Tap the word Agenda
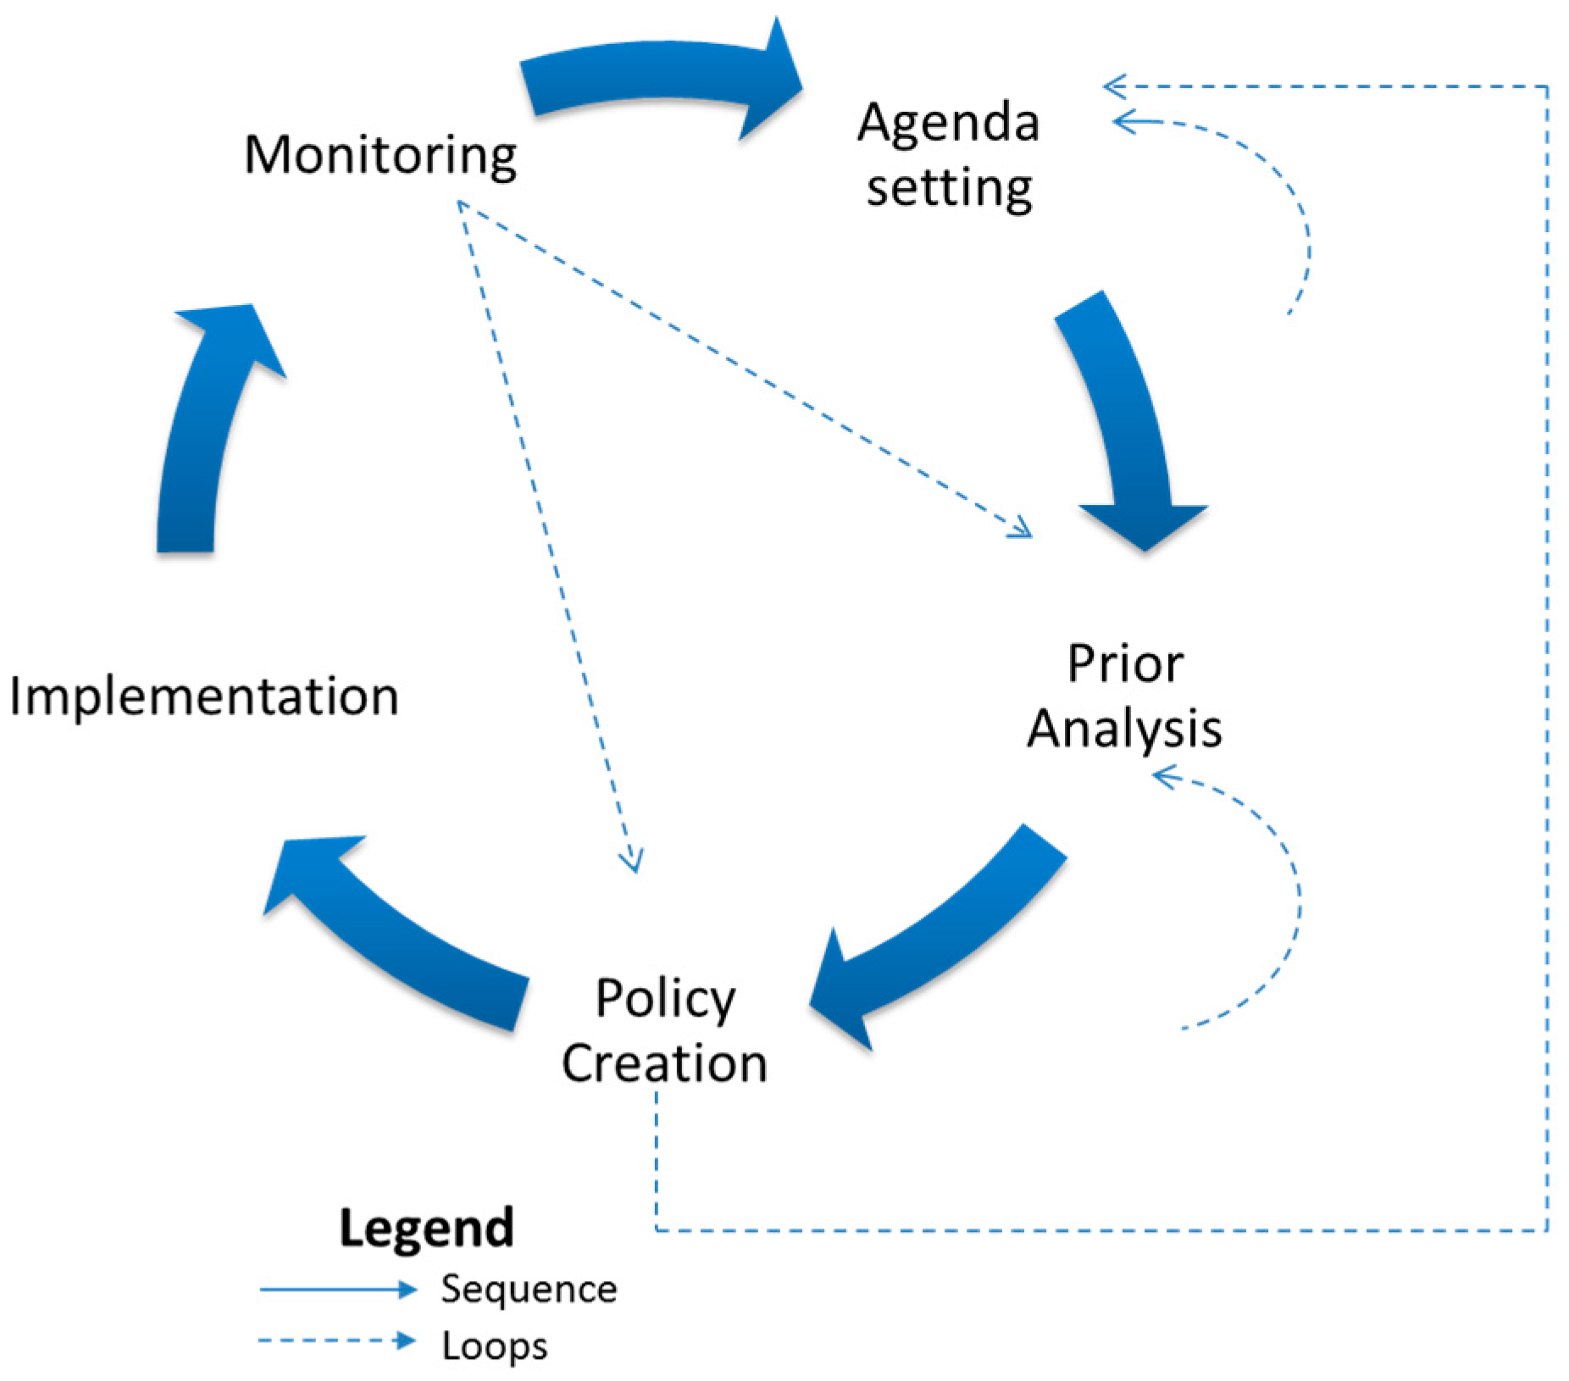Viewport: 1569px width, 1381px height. [948, 123]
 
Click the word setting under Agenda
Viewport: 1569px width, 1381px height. [949, 188]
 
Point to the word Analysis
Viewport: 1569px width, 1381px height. [1124, 729]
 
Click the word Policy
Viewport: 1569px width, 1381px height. [665, 999]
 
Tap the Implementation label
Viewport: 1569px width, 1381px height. [203, 696]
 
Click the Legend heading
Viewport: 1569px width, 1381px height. [426, 1228]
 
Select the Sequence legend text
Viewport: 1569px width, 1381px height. [529, 1289]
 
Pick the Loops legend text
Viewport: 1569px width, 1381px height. [495, 1345]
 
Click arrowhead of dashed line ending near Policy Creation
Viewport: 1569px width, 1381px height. [632, 862]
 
